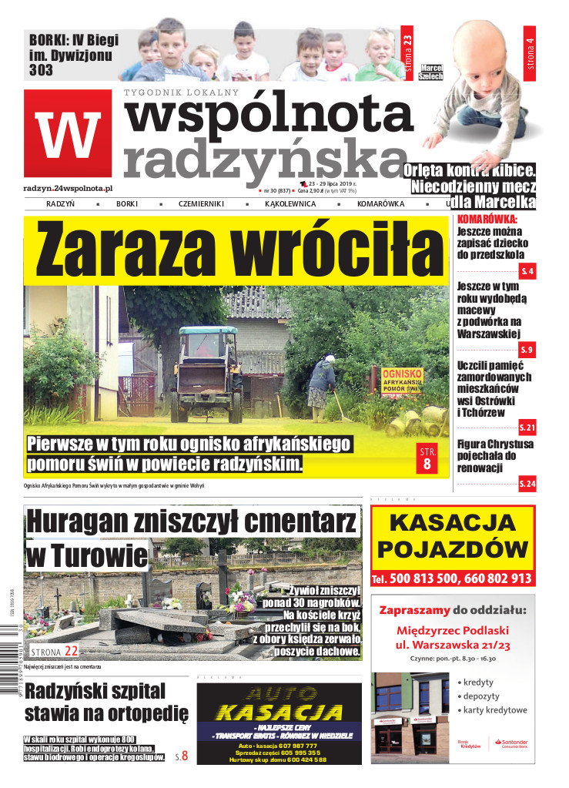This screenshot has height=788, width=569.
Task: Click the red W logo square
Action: [x=67, y=133]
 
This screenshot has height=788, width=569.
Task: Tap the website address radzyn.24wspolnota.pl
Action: [x=69, y=187]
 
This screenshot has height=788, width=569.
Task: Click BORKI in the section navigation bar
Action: [x=127, y=204]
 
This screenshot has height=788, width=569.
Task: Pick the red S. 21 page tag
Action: [x=527, y=427]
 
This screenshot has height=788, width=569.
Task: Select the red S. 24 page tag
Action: [x=527, y=483]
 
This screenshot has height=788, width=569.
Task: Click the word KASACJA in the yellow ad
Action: [x=452, y=523]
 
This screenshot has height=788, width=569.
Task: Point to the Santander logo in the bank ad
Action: [x=510, y=744]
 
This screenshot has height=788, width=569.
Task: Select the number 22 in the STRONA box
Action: [x=71, y=651]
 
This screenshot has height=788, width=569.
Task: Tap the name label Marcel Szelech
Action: [x=432, y=73]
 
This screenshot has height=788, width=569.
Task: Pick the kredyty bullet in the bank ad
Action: [x=477, y=682]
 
